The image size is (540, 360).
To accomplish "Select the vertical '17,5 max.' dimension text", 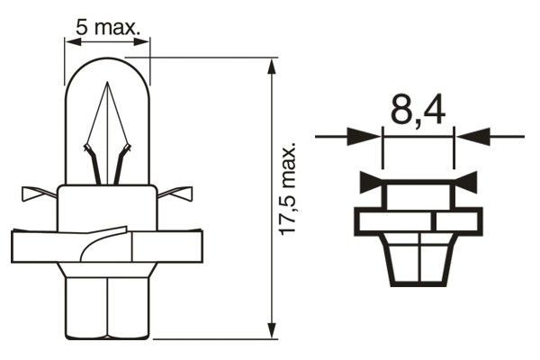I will click(288, 190).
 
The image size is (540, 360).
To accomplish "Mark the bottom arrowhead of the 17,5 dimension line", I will click(271, 329).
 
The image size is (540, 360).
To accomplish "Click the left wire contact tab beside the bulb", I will click(36, 193).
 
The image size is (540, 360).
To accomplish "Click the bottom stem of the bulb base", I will click(109, 306).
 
